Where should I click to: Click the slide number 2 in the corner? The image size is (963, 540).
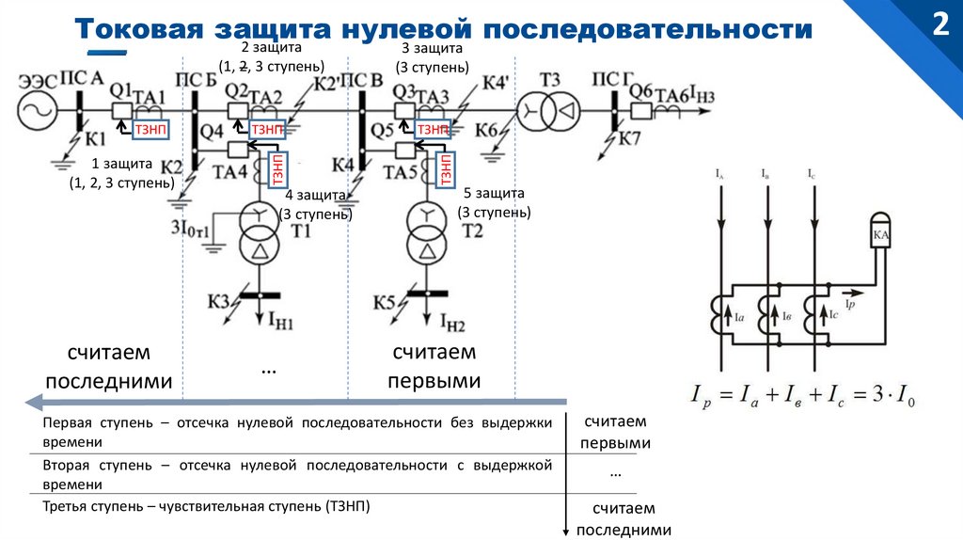point(939,24)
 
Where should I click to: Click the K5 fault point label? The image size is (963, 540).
point(384,302)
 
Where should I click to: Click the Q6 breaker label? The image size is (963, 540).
point(640,90)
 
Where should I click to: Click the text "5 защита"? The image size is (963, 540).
point(493,193)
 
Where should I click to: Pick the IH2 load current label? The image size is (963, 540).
point(451,325)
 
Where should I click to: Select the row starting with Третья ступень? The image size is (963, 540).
point(207,506)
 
